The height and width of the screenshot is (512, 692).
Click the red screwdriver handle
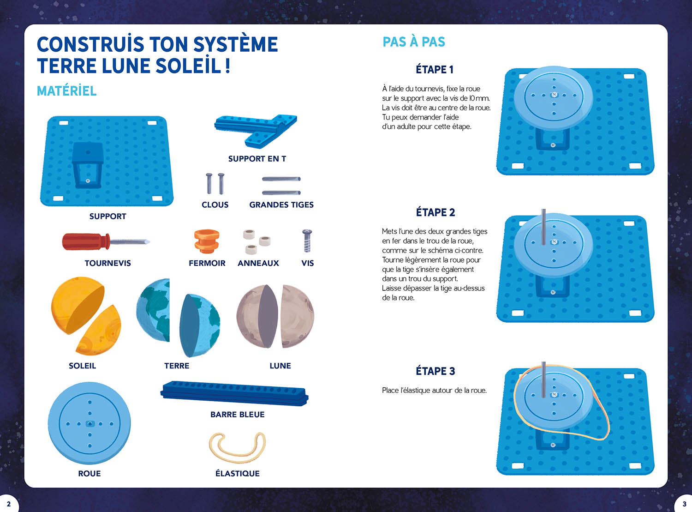pyautogui.click(x=86, y=241)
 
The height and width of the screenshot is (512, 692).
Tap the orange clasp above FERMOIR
pyautogui.click(x=206, y=241)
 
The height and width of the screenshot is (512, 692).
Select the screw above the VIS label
pyautogui.click(x=307, y=241)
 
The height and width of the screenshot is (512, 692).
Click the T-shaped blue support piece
pyautogui.click(x=256, y=131)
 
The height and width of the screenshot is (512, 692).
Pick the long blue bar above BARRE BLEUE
pyautogui.click(x=234, y=393)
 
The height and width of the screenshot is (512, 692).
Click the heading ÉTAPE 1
pyautogui.click(x=435, y=69)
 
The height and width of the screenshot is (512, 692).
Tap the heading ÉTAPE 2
pyautogui.click(x=435, y=212)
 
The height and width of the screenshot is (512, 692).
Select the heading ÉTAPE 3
pyautogui.click(x=435, y=371)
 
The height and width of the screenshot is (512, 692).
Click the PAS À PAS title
pyautogui.click(x=414, y=42)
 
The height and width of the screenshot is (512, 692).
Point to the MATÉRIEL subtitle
pyautogui.click(x=67, y=91)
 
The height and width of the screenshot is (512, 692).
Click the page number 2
pyautogui.click(x=9, y=504)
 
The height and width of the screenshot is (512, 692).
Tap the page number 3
pyautogui.click(x=685, y=504)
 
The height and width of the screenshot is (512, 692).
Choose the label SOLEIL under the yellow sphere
pyautogui.click(x=83, y=366)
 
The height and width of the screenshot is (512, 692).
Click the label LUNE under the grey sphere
pyautogui.click(x=280, y=366)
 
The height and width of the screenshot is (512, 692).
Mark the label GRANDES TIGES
pyautogui.click(x=281, y=205)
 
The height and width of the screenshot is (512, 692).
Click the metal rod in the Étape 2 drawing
pyautogui.click(x=543, y=227)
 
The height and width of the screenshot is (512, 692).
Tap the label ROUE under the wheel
pyautogui.click(x=89, y=474)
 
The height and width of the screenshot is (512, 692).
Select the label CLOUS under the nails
pyautogui.click(x=215, y=205)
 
